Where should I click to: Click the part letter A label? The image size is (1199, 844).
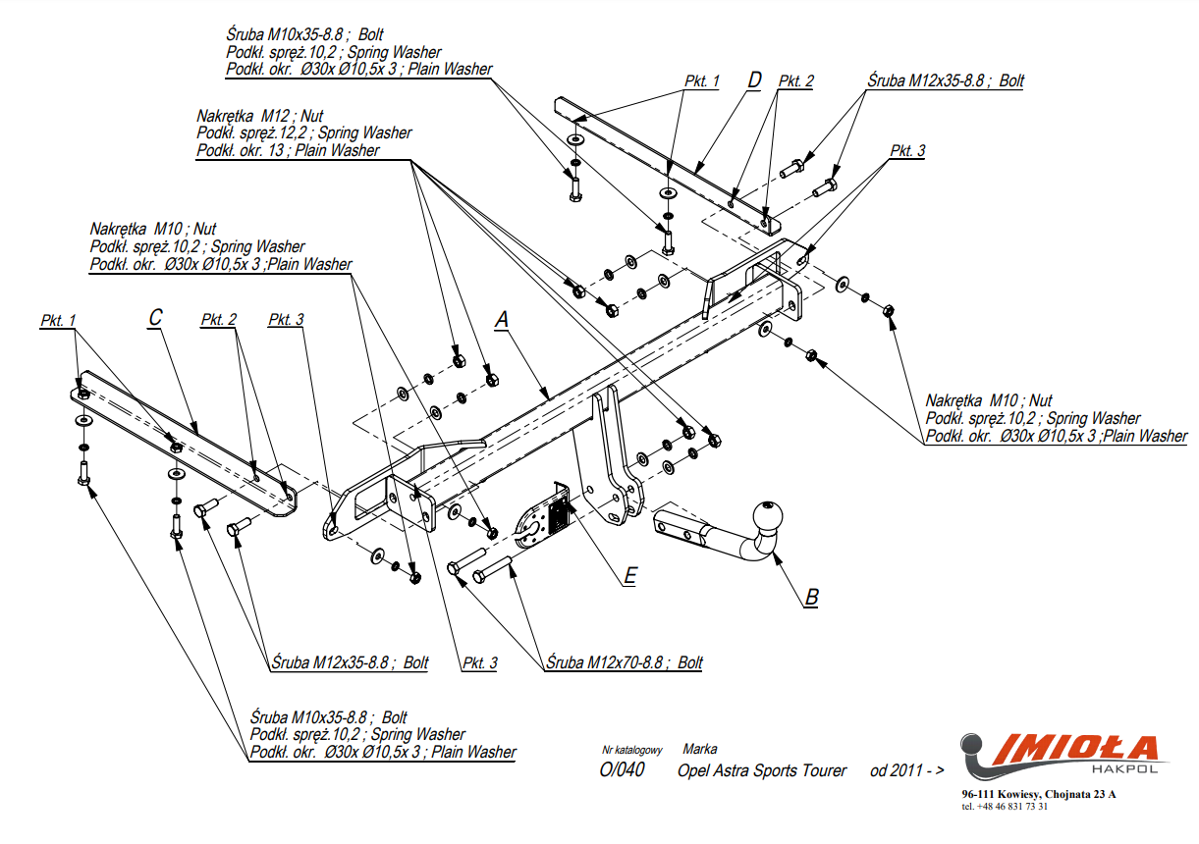pos(502,320)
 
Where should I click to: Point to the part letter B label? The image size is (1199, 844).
pos(811,597)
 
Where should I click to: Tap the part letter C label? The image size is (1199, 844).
pos(155,318)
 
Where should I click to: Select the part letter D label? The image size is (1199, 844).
pos(753,80)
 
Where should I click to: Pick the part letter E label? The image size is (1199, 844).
pos(629,576)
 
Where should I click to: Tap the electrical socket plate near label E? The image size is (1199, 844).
pos(539,518)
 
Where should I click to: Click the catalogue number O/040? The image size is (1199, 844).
pos(623,769)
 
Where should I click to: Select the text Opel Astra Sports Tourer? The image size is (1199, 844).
pos(762,770)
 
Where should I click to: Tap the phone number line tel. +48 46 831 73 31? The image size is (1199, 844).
pos(1005,807)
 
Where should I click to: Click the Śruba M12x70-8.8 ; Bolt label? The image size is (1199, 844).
pos(625,662)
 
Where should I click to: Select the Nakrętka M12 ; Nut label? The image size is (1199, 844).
pos(259,115)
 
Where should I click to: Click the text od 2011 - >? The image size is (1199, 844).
pos(906,770)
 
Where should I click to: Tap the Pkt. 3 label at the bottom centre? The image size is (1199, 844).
pos(479,663)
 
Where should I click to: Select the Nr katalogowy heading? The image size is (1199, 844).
pos(632,750)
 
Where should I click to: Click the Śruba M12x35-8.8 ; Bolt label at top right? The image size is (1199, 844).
pos(945,81)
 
